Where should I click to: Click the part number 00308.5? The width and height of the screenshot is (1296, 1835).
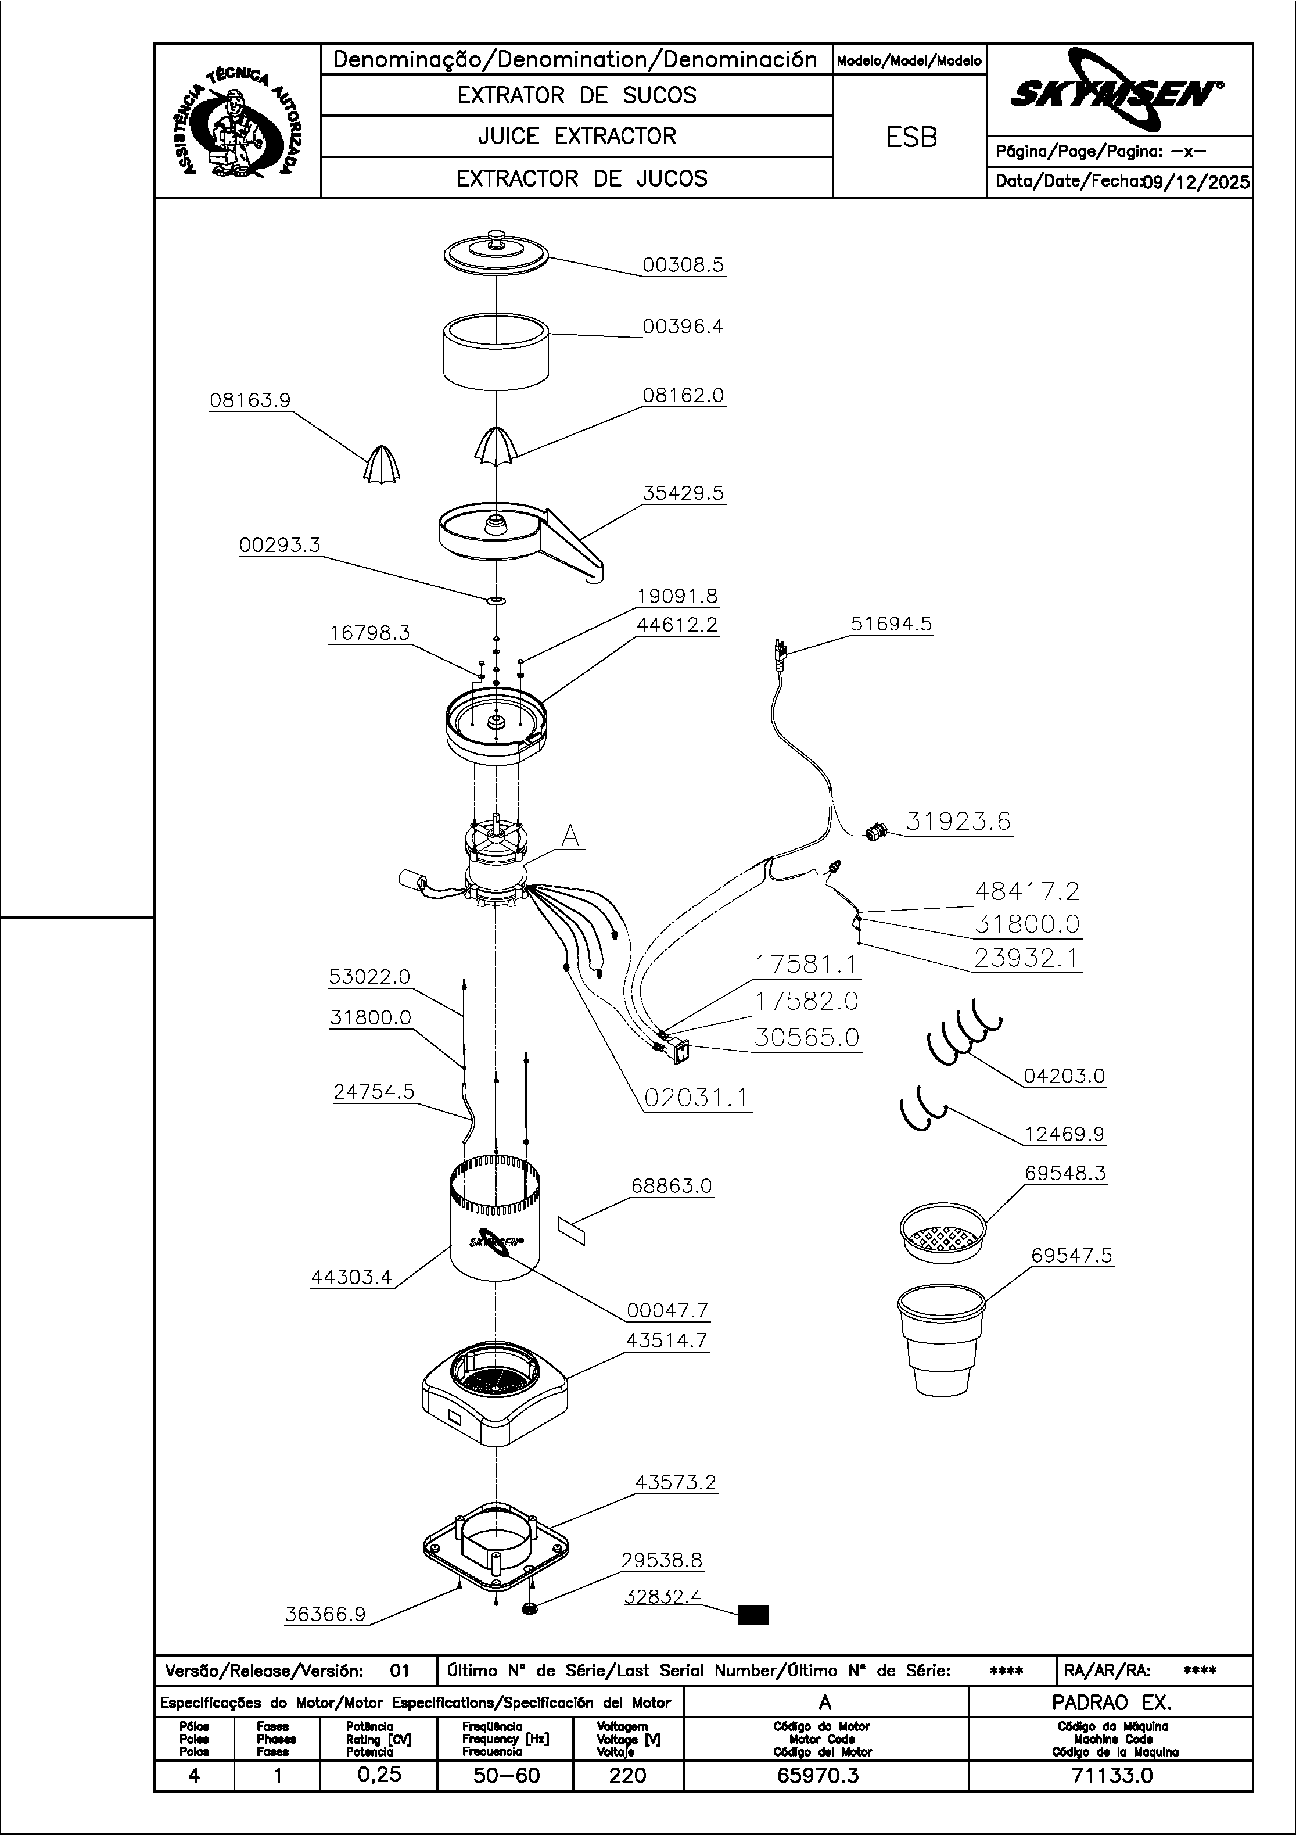[683, 264]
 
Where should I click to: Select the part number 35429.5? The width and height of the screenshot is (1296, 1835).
[683, 493]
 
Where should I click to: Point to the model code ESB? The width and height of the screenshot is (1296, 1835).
[911, 138]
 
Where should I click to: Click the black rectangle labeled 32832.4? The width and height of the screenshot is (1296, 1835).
[753, 1615]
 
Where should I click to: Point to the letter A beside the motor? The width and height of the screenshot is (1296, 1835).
[570, 835]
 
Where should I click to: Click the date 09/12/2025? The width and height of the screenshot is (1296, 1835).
[1196, 182]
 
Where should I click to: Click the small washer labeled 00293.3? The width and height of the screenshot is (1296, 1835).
[496, 600]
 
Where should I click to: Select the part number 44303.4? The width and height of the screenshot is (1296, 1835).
[351, 1277]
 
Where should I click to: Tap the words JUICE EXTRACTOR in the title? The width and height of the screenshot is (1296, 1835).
[577, 137]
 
